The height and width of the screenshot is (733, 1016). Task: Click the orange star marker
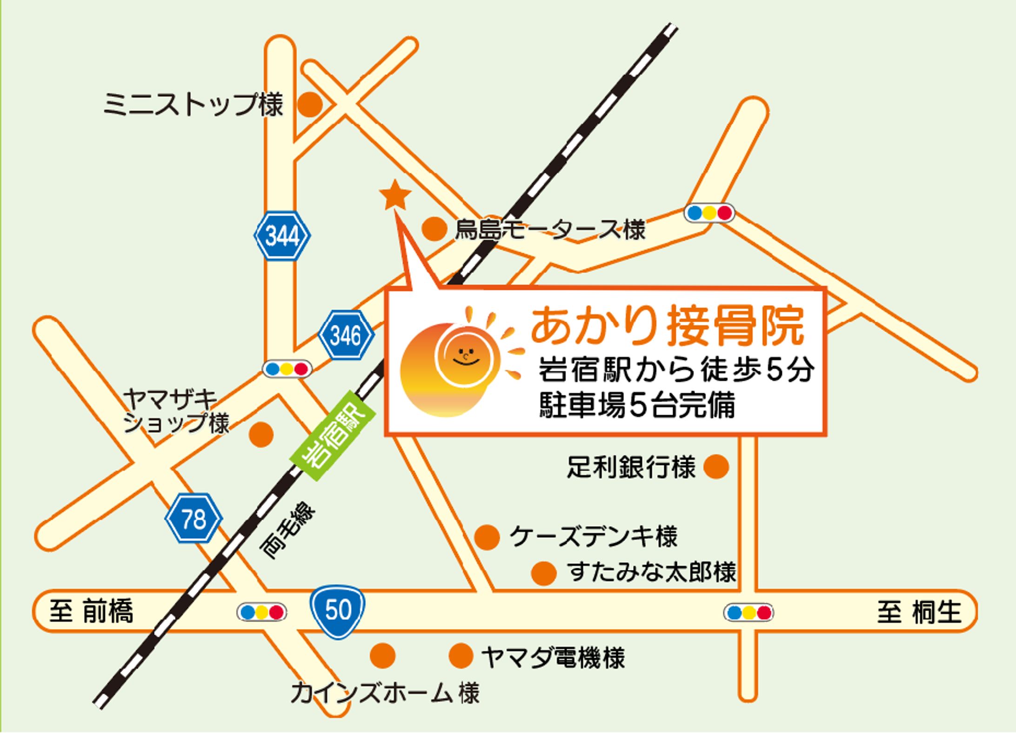tap(395, 195)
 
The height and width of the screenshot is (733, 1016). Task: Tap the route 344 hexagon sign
tap(282, 235)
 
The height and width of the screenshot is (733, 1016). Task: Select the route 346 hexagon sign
tap(346, 335)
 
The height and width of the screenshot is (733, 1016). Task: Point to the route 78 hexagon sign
tap(194, 518)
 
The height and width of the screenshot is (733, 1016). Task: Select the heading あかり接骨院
tap(668, 326)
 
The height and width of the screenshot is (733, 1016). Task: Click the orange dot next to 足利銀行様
tap(716, 466)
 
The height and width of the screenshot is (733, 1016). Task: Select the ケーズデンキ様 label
tap(594, 537)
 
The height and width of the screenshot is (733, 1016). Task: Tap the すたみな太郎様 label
tap(652, 572)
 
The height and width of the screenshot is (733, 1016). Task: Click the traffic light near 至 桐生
tap(749, 612)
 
